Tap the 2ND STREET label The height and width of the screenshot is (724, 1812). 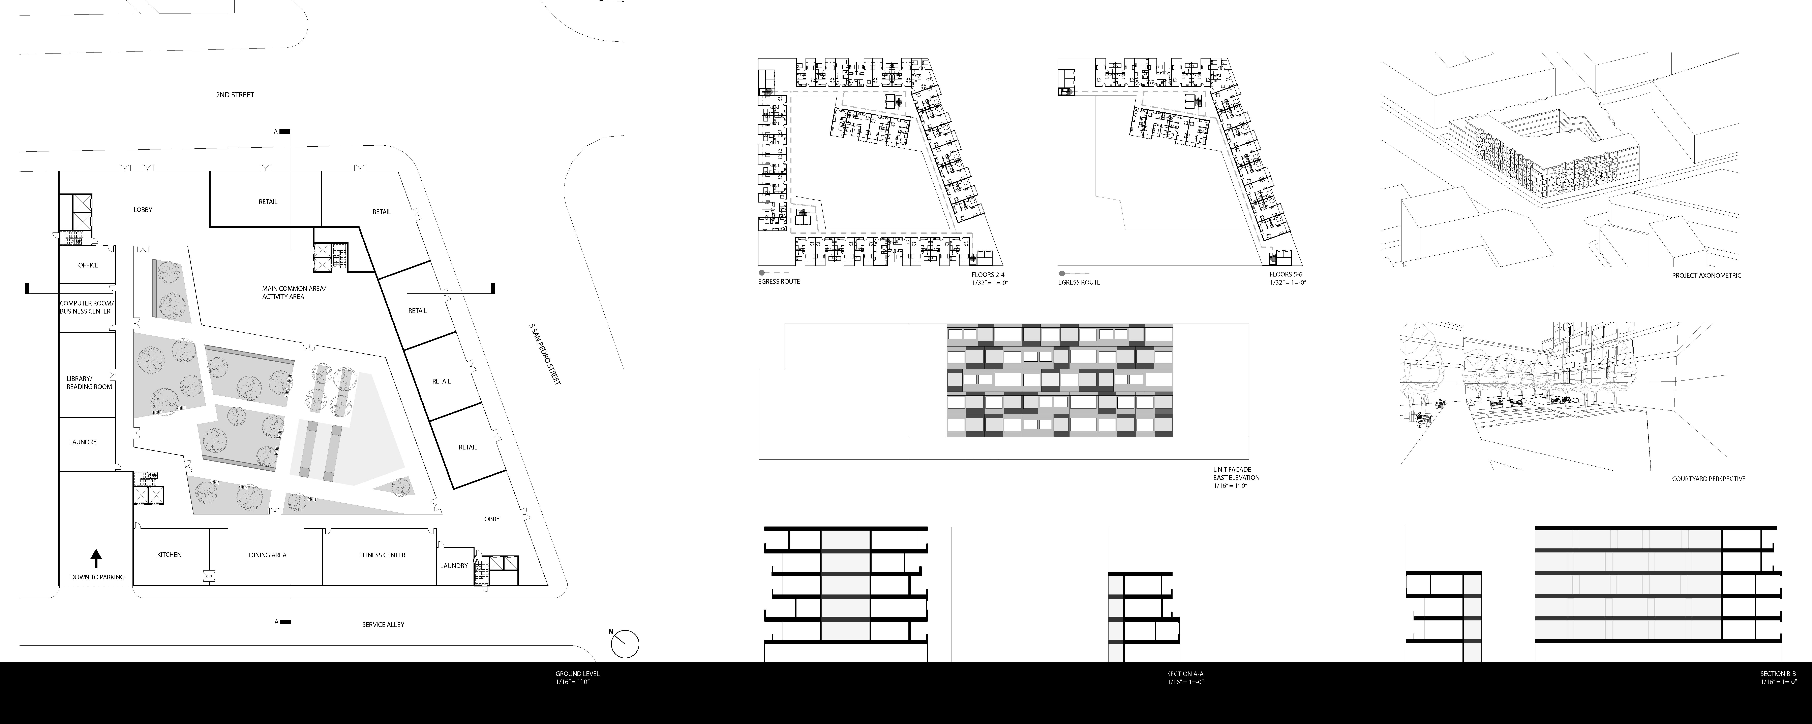point(235,95)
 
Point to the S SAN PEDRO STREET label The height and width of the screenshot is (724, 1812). point(545,354)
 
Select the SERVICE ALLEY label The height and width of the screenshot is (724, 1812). point(383,624)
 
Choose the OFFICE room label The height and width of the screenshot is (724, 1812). point(88,265)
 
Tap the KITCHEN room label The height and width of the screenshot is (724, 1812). point(169,555)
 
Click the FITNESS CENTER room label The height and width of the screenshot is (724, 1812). point(382,555)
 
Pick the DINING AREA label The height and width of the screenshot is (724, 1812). point(267,555)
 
